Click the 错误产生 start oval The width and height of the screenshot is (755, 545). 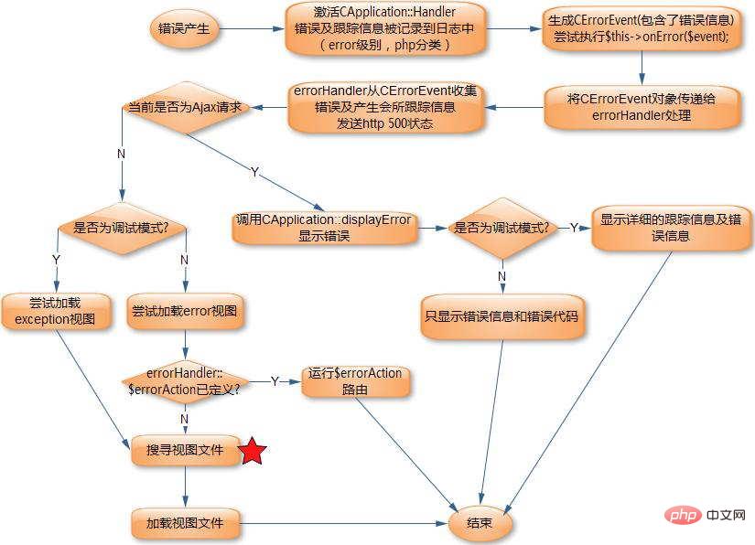[x=185, y=28]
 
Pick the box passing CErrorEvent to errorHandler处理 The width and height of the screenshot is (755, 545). [x=641, y=108]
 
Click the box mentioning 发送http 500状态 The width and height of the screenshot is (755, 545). [x=385, y=108]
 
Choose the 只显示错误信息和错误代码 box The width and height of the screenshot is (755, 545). [x=502, y=317]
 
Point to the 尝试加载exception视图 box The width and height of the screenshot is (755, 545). [x=57, y=311]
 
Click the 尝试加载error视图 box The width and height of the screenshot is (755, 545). [x=186, y=311]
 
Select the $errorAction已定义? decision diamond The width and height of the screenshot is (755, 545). [x=185, y=380]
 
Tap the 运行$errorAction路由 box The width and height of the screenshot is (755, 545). [x=356, y=380]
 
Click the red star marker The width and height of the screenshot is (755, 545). [x=253, y=452]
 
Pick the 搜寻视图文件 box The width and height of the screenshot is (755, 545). [x=185, y=451]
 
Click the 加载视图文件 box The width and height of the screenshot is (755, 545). [x=185, y=524]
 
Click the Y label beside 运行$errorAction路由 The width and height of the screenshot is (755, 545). [x=275, y=380]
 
